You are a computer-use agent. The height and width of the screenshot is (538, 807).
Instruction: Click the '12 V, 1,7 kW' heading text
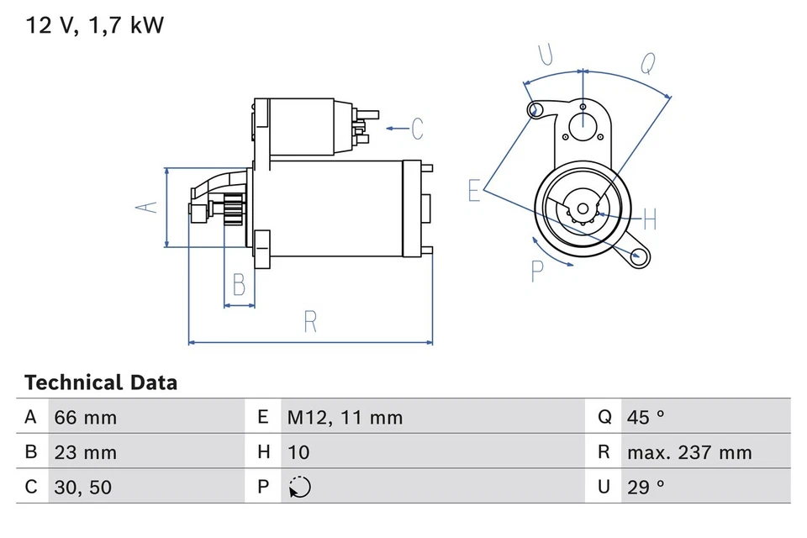click(94, 25)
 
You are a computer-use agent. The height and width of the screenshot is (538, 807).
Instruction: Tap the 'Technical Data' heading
click(101, 382)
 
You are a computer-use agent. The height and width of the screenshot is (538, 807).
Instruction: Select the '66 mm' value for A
click(85, 417)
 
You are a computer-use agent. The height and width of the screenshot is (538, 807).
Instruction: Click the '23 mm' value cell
click(85, 452)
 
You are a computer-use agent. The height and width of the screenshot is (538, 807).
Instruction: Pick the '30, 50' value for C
click(82, 487)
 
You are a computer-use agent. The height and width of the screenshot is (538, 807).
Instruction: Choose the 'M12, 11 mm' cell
click(345, 417)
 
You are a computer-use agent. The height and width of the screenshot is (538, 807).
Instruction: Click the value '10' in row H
click(298, 452)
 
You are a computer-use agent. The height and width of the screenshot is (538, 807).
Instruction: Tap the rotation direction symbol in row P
click(299, 487)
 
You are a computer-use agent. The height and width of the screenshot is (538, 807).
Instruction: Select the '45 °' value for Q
click(646, 417)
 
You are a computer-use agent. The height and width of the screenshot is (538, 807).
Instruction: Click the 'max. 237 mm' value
click(689, 452)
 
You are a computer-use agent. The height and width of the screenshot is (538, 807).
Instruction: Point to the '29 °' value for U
click(646, 487)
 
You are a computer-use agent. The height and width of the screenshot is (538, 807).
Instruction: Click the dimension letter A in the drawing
click(147, 206)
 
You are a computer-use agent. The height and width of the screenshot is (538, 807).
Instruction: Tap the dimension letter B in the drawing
click(239, 285)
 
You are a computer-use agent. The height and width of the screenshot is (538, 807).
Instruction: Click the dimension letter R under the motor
click(310, 321)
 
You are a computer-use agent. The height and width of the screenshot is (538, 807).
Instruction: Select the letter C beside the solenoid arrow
click(417, 129)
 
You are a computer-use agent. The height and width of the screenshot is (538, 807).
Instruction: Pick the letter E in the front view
click(475, 192)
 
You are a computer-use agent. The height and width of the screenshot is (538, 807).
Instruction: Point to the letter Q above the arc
click(647, 63)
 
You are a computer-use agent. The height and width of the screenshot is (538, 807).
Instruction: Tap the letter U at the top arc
click(546, 55)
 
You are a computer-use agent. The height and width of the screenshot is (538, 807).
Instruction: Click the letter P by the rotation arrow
click(537, 271)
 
